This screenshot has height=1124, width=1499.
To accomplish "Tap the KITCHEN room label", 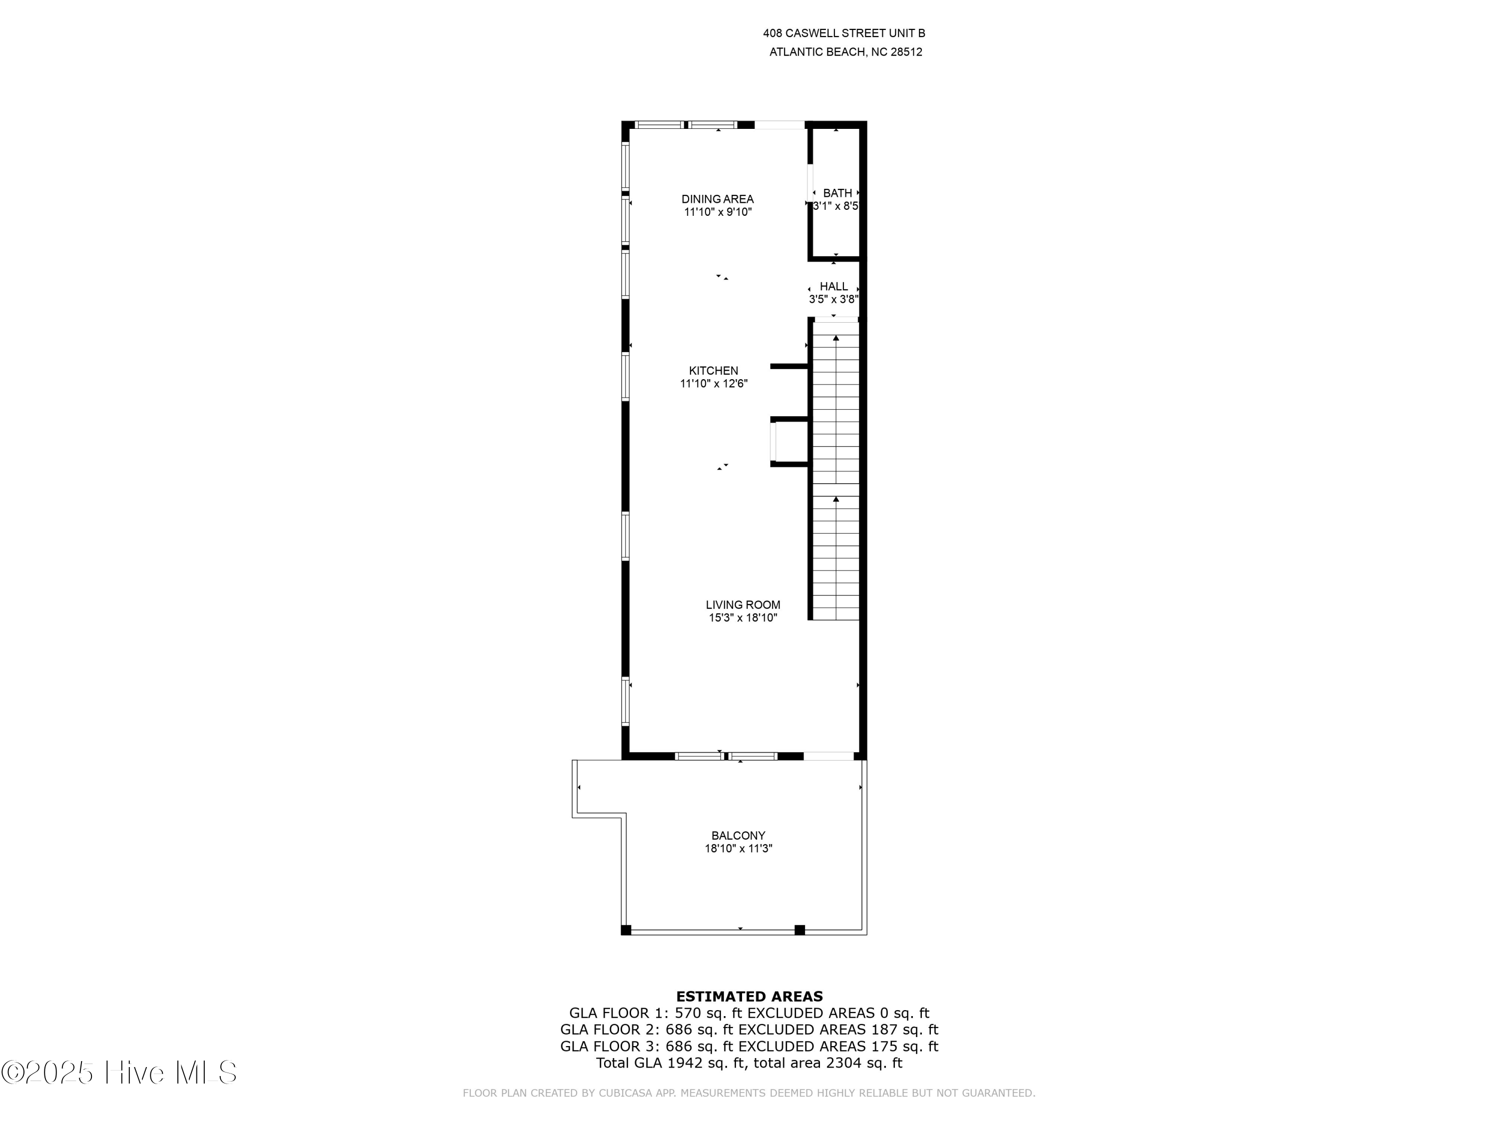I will click(714, 371).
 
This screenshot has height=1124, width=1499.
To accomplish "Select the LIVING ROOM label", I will click(743, 605).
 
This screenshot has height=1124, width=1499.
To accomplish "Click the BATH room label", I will click(837, 194).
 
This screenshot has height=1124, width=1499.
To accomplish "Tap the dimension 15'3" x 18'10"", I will click(743, 618).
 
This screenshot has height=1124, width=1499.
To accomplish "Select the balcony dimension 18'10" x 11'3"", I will click(738, 849).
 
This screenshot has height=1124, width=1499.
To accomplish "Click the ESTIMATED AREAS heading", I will click(749, 997).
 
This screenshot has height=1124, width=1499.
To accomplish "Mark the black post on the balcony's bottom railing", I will click(799, 930).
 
